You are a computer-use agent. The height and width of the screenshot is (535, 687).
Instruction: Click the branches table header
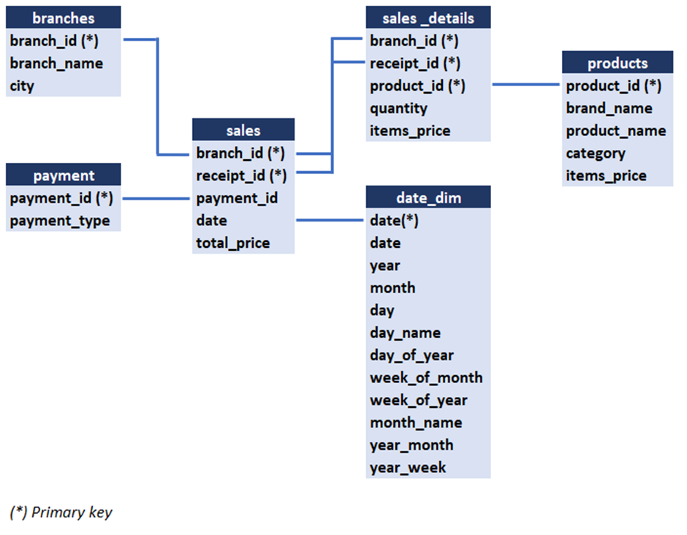[63, 18]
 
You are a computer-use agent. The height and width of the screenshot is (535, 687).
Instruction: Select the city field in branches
[23, 86]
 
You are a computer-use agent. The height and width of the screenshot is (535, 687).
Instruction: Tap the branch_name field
[56, 64]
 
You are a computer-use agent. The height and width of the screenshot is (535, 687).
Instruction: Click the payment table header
[63, 175]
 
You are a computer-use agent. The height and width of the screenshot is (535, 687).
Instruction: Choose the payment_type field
[60, 221]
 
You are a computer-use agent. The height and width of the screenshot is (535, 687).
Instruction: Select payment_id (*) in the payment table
[61, 198]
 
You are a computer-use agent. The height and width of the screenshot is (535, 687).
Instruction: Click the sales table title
[243, 130]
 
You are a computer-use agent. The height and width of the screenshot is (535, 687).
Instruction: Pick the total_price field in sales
[233, 243]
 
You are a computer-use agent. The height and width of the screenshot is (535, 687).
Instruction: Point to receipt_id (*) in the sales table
[241, 175]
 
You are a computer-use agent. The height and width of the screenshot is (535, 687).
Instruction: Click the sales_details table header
[428, 18]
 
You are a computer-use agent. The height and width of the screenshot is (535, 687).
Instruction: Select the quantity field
[398, 108]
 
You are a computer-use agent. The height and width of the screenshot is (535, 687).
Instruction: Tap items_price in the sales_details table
[410, 131]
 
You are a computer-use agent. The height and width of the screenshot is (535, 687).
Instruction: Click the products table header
[618, 63]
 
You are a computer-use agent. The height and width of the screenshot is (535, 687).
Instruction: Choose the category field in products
[596, 153]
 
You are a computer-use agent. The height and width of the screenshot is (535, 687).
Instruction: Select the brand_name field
[609, 108]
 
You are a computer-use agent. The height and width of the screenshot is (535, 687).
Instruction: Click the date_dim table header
[428, 197]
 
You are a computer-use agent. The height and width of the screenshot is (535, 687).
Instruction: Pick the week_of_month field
[426, 378]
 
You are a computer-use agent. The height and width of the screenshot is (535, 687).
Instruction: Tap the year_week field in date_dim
[408, 468]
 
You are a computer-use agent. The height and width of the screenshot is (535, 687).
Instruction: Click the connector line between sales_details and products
[526, 85]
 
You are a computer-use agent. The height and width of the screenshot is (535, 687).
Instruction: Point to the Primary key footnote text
[61, 512]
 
